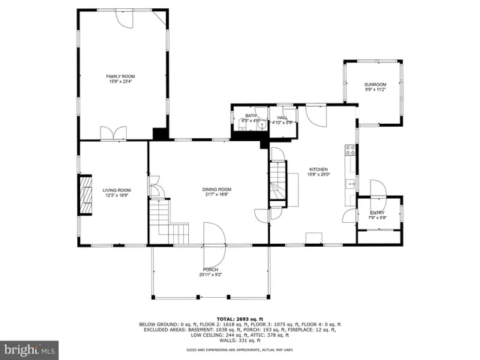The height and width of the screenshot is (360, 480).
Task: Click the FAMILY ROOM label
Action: pyautogui.click(x=120, y=76)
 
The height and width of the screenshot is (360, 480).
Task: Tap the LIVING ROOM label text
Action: pyautogui.click(x=116, y=190)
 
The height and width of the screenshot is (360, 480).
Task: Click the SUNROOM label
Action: pyautogui.click(x=375, y=84)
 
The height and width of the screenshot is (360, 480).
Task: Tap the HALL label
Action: pyautogui.click(x=282, y=117)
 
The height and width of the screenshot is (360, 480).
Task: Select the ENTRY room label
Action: pyautogui.click(x=377, y=213)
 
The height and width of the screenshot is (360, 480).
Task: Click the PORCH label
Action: pyautogui.click(x=211, y=269)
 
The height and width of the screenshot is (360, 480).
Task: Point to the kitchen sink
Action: pyautogui.click(x=349, y=184)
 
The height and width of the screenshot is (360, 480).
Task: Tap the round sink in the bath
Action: pyautogui.click(x=261, y=125)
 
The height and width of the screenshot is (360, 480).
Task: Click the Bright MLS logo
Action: pyautogui.click(x=30, y=349)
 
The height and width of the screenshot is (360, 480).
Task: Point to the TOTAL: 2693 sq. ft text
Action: pyautogui.click(x=239, y=319)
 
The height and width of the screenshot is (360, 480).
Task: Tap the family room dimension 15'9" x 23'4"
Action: pyautogui.click(x=120, y=81)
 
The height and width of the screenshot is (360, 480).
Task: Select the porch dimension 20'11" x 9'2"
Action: pyautogui.click(x=211, y=274)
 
